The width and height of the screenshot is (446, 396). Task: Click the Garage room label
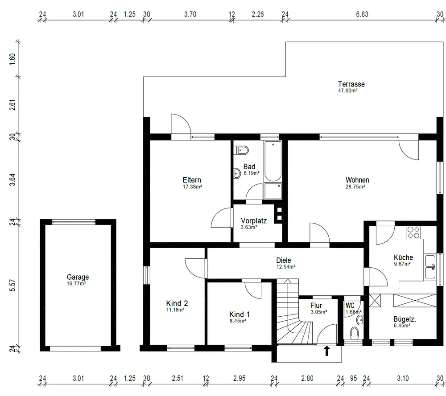click(78, 277)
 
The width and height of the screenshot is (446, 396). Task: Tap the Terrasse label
click(351, 84)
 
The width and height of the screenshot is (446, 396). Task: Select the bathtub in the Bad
click(273, 161)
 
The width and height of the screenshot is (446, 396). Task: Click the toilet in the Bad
click(241, 150)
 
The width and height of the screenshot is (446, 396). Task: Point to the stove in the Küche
click(413, 233)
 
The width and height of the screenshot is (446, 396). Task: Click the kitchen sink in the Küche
click(430, 267)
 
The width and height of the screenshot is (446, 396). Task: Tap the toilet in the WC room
click(355, 332)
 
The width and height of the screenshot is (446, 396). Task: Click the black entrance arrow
click(327, 351)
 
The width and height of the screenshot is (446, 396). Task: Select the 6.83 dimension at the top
click(362, 14)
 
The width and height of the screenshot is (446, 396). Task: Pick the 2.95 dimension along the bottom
click(239, 378)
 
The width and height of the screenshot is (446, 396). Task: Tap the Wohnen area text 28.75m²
click(355, 187)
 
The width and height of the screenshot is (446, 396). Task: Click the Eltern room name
click(192, 180)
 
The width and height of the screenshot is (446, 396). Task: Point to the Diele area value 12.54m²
click(286, 267)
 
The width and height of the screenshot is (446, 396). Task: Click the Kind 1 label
click(240, 314)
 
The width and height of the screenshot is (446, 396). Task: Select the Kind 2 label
click(177, 303)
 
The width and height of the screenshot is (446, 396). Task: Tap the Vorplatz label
click(254, 221)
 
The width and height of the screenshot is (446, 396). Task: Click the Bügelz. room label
click(405, 319)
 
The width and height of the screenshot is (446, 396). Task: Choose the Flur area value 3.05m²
click(319, 312)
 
